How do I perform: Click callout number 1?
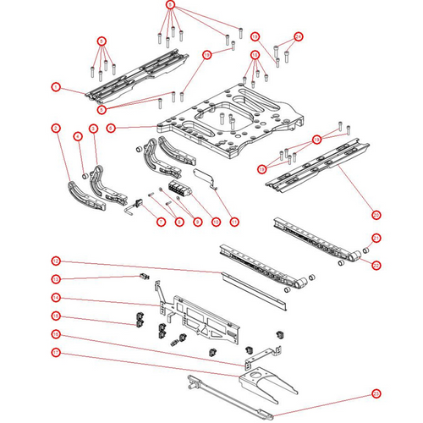tap(55, 87)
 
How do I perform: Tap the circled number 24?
tap(298, 36)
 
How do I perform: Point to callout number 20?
tap(376, 214)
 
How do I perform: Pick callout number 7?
tap(160, 221)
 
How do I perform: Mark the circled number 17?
tap(55, 352)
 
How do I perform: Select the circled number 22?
tap(376, 265)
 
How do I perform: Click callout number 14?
tap(55, 298)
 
